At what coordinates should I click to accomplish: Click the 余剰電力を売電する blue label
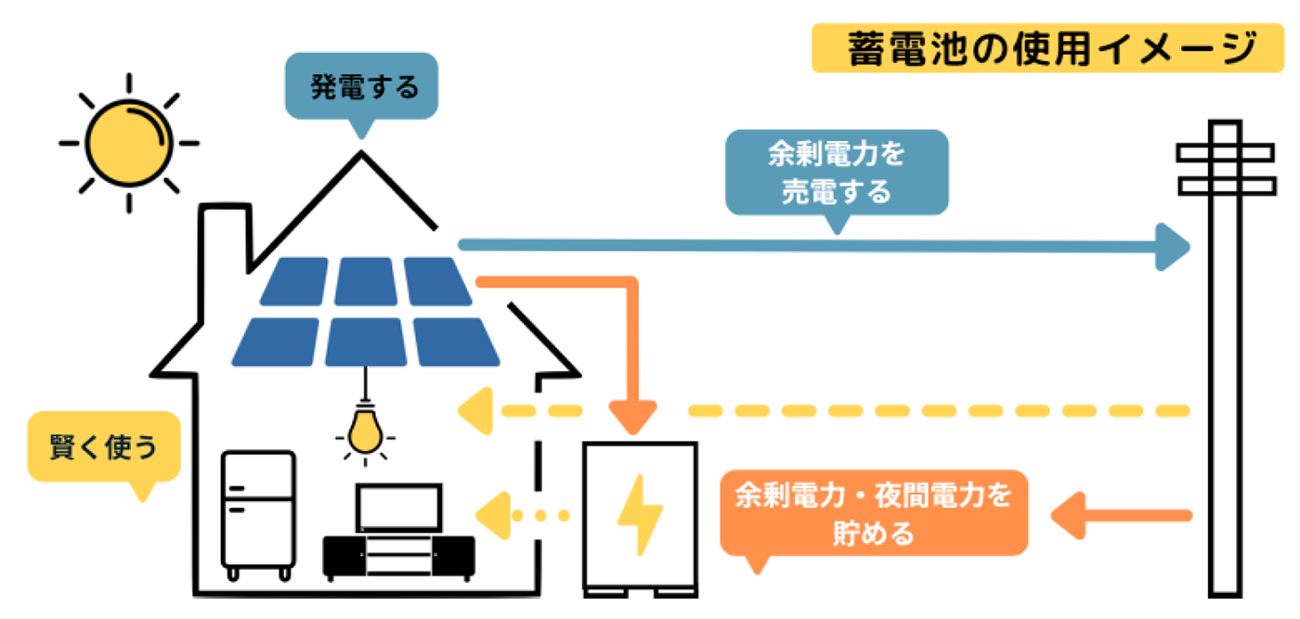(x=836, y=173)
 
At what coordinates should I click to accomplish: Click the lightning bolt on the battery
(x=640, y=514)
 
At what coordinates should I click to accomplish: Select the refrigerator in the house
(x=257, y=509)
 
